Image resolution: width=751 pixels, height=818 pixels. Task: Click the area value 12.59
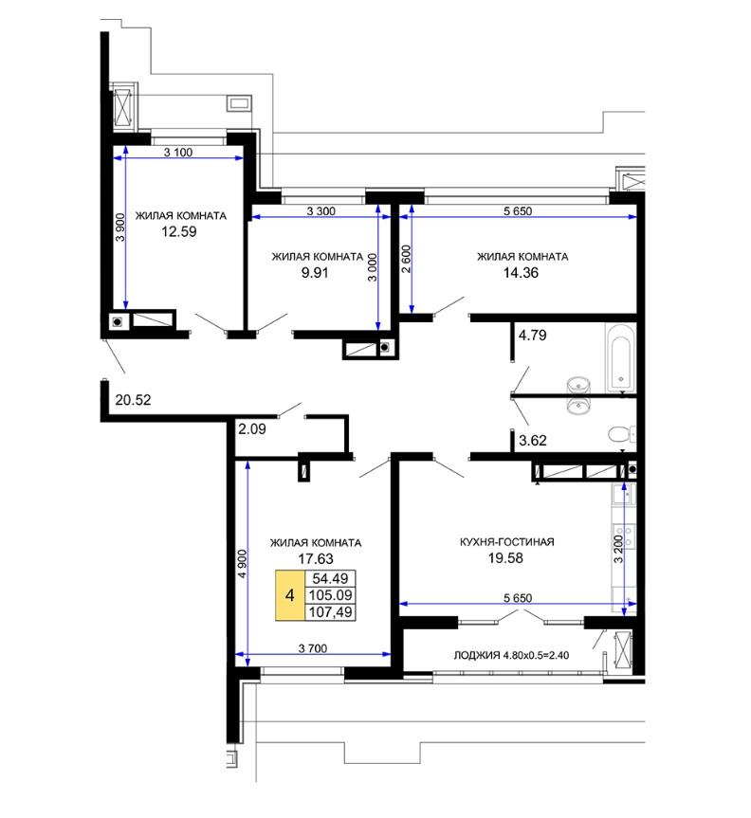[x=178, y=231]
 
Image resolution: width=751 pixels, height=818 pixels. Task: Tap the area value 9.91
[x=315, y=272]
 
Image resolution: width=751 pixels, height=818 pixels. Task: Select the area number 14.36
[x=521, y=272]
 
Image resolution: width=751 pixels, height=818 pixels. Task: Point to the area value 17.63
[x=315, y=558]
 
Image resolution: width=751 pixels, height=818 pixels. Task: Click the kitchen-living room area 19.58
[x=505, y=557]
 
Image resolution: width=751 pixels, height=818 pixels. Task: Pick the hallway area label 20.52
[x=133, y=400]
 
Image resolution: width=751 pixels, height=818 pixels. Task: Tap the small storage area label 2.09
[x=252, y=428]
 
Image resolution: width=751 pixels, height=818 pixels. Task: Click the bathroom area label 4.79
[x=532, y=335]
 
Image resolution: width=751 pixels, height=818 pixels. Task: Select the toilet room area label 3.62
[x=532, y=441]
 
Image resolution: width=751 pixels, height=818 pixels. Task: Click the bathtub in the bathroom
[x=620, y=357]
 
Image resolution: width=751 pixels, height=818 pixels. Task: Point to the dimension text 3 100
[x=178, y=153]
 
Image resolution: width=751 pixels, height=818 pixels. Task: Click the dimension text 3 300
[x=321, y=211]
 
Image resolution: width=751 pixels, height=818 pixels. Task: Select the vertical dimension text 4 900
[x=242, y=564]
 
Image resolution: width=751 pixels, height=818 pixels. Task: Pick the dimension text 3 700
[x=313, y=648]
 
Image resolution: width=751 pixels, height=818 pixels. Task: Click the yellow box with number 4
[x=290, y=595]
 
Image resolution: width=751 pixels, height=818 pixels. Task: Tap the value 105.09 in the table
[x=330, y=595]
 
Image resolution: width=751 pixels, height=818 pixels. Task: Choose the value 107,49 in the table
[x=330, y=612]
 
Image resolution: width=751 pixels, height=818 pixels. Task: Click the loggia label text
[x=511, y=655]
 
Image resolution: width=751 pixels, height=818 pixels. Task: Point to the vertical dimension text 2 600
[x=406, y=259]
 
